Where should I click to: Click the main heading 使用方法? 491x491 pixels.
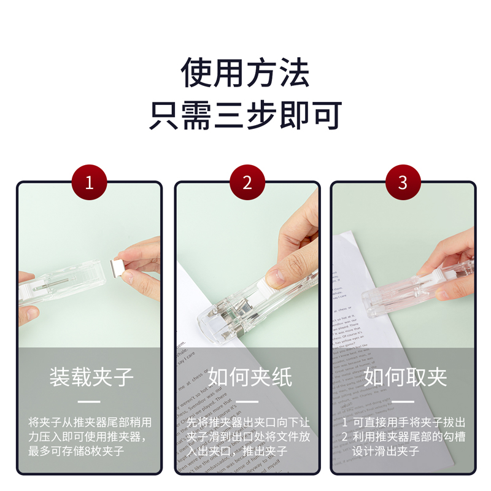[x=245, y=72]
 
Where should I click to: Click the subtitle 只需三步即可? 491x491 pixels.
[x=245, y=115]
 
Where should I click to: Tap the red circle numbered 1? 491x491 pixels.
[x=90, y=183]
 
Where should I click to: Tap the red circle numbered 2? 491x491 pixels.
[x=247, y=183]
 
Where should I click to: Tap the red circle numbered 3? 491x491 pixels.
[x=403, y=183]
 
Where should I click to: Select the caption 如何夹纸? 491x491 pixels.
[x=247, y=376]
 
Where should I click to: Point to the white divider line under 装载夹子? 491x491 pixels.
[x=90, y=402]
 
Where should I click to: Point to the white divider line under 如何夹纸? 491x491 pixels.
[x=247, y=402]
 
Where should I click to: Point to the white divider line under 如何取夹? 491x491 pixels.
[x=403, y=402]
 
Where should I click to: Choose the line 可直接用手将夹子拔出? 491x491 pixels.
[x=408, y=423]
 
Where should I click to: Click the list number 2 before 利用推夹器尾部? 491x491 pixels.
[x=345, y=437]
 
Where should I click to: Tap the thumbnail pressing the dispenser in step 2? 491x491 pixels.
[x=276, y=278]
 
